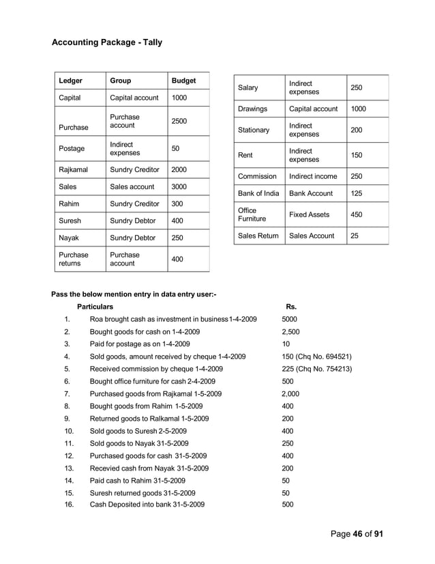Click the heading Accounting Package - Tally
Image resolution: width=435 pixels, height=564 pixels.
107,44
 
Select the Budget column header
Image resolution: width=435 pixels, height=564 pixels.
183,81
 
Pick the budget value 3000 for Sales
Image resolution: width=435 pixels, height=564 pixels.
179,186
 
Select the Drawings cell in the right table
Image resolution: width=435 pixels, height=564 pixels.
252,109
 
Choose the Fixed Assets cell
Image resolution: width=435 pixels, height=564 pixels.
309,214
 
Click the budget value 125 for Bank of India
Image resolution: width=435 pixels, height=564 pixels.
357,193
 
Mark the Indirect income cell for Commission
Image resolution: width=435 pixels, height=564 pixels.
313,176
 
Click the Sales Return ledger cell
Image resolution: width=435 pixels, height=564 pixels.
258,236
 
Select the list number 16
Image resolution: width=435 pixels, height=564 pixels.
69,505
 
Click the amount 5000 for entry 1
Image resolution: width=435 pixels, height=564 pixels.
289,319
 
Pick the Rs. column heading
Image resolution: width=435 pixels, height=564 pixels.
290,307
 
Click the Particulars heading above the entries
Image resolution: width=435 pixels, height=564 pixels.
95,307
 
